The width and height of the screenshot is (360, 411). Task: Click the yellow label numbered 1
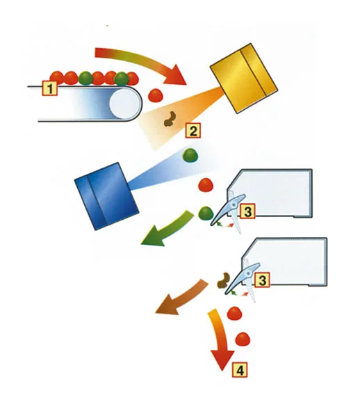[x=49, y=88]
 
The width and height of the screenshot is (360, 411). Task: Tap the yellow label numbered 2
[x=193, y=130]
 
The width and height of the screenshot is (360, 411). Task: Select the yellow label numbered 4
[x=240, y=370]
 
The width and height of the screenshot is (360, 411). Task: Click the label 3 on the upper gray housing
[x=247, y=211]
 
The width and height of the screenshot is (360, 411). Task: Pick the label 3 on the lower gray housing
[x=262, y=280]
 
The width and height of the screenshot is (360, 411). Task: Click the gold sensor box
[x=244, y=78]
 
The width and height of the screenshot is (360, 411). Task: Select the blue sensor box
[x=106, y=196]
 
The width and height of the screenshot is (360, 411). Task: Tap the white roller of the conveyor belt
[x=124, y=104]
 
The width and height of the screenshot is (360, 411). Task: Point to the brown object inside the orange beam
[x=170, y=119]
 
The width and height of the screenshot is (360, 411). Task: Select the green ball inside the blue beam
[x=190, y=156]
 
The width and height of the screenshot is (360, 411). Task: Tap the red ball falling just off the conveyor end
[x=156, y=95]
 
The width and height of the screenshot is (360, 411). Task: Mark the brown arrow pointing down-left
[x=183, y=298]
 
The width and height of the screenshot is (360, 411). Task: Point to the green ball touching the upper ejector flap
[x=206, y=213]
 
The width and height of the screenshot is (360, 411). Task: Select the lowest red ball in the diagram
[x=243, y=339]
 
